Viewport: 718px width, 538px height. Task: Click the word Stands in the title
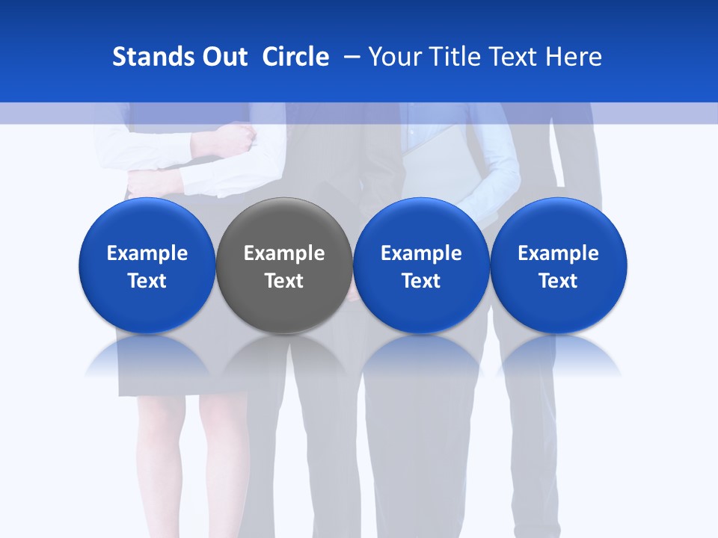coord(146,57)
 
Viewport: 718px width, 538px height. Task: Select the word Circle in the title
coord(295,57)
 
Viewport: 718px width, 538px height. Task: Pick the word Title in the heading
coord(454,57)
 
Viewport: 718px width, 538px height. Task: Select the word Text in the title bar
coord(516,57)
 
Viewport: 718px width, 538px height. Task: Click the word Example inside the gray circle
coord(284,253)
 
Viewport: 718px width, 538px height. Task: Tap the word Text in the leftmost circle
coord(147,281)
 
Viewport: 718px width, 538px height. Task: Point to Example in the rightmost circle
coord(559,253)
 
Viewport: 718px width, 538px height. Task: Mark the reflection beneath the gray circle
coord(284,359)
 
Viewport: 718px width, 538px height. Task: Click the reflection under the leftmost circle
coord(147,359)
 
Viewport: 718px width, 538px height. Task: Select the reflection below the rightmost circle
coord(559,359)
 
